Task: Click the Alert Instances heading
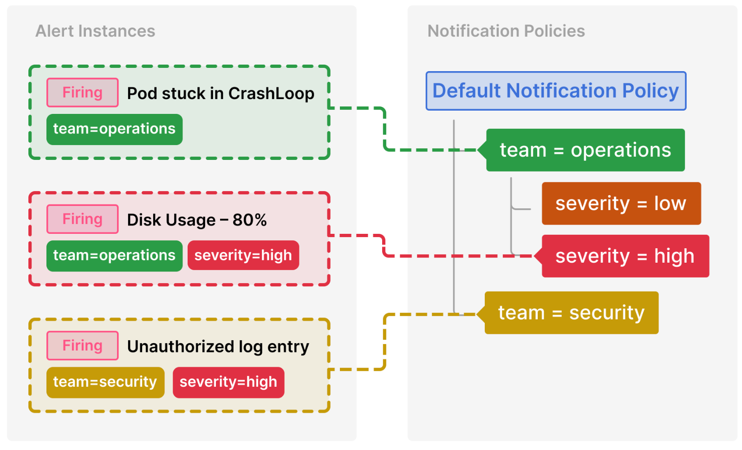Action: (x=95, y=31)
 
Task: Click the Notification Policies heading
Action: (x=506, y=31)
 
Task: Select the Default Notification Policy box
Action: (x=555, y=91)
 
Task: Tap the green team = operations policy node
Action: (x=585, y=150)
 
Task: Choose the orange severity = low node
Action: (x=621, y=204)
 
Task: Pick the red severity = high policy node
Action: (x=625, y=256)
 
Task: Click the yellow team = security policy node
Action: (x=571, y=313)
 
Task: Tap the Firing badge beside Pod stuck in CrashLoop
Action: (x=82, y=93)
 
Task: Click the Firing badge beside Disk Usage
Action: (x=82, y=219)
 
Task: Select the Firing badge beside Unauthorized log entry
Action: (x=82, y=345)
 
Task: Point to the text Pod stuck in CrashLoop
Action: (x=220, y=93)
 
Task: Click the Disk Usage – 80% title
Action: (x=196, y=220)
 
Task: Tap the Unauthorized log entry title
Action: (x=218, y=347)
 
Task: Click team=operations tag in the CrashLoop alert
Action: (x=114, y=129)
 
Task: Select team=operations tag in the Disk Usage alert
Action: (x=114, y=256)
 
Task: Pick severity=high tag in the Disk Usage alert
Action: (x=243, y=256)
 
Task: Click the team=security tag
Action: (x=105, y=382)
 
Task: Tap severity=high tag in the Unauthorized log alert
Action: (x=228, y=382)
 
